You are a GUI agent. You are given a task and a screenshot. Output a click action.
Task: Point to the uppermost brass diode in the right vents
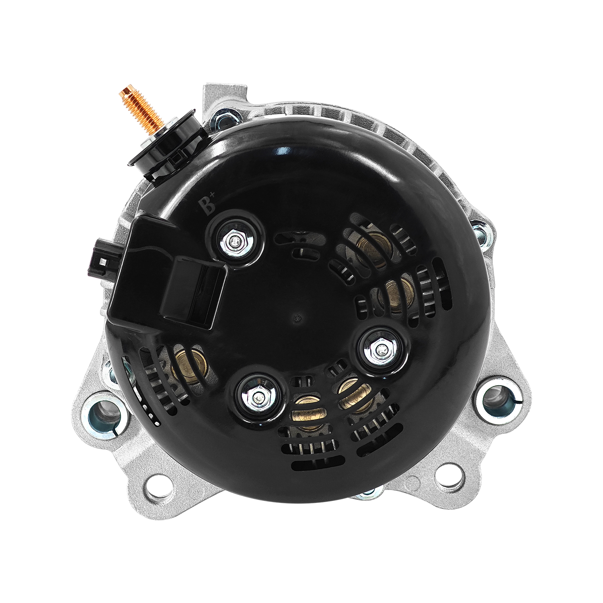click(372, 251)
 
